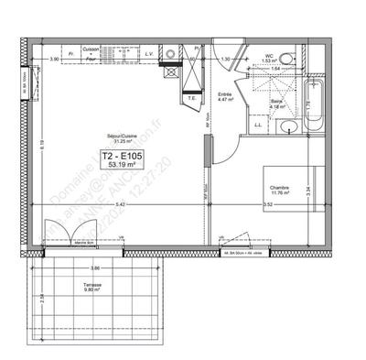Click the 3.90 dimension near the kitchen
(x=54, y=60)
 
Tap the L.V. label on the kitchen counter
(x=148, y=54)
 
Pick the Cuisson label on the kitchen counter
(x=91, y=49)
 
